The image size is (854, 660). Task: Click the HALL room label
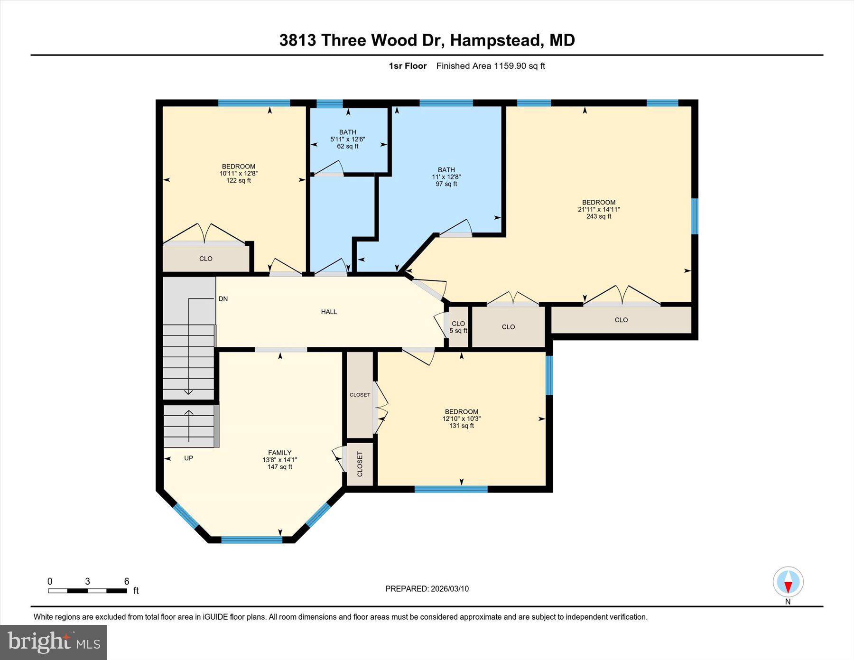tap(329, 312)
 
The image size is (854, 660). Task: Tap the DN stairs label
tap(223, 299)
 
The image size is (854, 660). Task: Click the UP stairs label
tap(188, 458)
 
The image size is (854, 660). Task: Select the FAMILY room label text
tap(279, 453)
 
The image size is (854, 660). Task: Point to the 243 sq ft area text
tap(598, 216)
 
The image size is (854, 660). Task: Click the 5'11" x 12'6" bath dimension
tap(348, 139)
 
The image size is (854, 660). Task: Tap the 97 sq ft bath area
tap(446, 184)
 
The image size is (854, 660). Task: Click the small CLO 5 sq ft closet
tap(458, 327)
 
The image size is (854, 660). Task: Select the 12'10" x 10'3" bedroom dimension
tap(461, 419)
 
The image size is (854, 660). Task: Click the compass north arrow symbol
tap(788, 582)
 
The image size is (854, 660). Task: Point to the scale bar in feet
tap(87, 591)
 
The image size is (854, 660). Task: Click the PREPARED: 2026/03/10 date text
tap(427, 589)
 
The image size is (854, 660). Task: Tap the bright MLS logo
tap(54, 642)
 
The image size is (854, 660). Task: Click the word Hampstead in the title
tap(495, 40)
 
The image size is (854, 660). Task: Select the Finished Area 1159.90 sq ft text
tap(491, 66)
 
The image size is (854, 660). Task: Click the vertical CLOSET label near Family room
tap(360, 464)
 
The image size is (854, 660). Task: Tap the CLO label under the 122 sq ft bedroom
tap(206, 259)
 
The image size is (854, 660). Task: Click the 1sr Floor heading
tap(408, 66)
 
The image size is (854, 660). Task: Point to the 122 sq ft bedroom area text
tap(238, 180)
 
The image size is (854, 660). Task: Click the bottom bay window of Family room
tap(251, 539)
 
